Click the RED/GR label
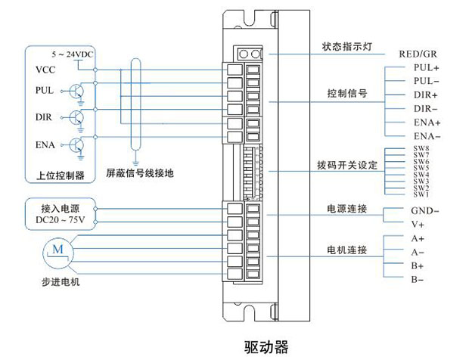pos(418,54)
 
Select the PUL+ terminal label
pos(427,67)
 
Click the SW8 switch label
pos(421,149)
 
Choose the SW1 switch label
pos(421,194)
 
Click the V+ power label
pos(418,225)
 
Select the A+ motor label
pos(417,238)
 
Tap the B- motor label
pos(417,280)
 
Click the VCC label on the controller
pos(45,70)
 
